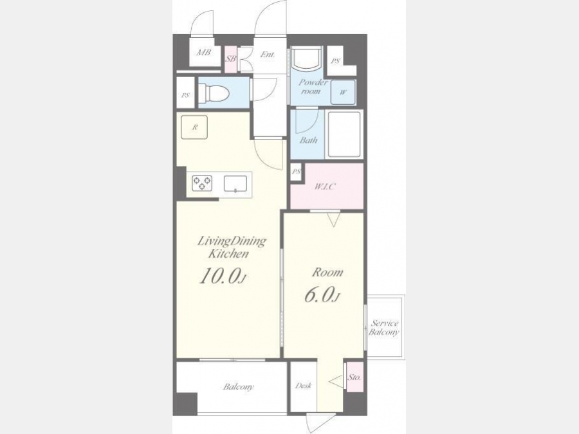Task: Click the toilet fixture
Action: (214, 93)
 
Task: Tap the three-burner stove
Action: (202, 183)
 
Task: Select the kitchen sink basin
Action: (235, 184)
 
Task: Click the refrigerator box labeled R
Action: (194, 127)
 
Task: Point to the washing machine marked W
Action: (343, 92)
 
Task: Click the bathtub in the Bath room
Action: (344, 134)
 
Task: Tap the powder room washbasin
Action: (306, 59)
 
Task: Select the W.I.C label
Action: (325, 186)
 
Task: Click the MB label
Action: (203, 53)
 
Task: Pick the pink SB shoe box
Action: (231, 59)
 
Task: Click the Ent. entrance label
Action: (268, 55)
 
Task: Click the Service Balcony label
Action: (384, 328)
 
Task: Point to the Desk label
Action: (303, 386)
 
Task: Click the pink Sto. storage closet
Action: (354, 377)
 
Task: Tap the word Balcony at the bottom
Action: (238, 387)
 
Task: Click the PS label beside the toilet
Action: (185, 95)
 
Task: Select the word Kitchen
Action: (228, 254)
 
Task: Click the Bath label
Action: (308, 140)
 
